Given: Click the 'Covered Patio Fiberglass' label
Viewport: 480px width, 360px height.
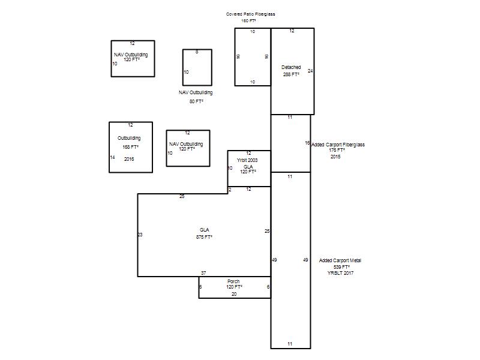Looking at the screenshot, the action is (x=250, y=14).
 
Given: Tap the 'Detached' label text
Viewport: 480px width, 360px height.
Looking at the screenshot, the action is (x=291, y=67).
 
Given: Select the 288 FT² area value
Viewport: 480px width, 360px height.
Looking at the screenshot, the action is (x=291, y=74).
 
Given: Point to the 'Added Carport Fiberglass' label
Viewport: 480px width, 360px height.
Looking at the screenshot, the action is (x=338, y=145).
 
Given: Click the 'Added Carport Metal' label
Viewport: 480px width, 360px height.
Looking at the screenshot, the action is (x=340, y=260).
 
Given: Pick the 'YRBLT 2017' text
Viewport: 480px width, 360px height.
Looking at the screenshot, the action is (x=340, y=273).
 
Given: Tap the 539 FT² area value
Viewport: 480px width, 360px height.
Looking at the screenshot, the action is (x=341, y=267).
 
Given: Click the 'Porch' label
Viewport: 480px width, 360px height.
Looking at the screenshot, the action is (x=233, y=281).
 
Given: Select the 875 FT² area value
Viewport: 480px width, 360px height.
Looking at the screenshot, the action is (x=204, y=237).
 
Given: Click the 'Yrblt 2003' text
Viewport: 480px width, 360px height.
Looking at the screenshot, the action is (x=247, y=160).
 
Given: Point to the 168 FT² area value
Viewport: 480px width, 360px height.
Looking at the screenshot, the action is (x=130, y=147).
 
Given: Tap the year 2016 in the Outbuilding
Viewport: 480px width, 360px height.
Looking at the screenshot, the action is (x=129, y=159).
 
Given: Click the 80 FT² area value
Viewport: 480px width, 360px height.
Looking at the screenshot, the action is (x=196, y=101).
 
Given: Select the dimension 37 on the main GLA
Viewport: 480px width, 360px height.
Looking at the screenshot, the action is (x=203, y=273).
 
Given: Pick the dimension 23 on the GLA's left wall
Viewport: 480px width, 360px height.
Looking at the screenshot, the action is (x=140, y=235).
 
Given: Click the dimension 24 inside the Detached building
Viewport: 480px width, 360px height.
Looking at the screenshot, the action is (x=310, y=71).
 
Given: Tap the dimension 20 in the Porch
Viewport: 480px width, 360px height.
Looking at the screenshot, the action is (x=234, y=294).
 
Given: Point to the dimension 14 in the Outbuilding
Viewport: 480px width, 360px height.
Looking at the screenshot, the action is (x=112, y=157).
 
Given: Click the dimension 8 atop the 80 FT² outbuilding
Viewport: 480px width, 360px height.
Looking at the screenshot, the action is (x=197, y=52).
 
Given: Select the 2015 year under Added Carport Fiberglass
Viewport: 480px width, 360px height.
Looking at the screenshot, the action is (x=335, y=157).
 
